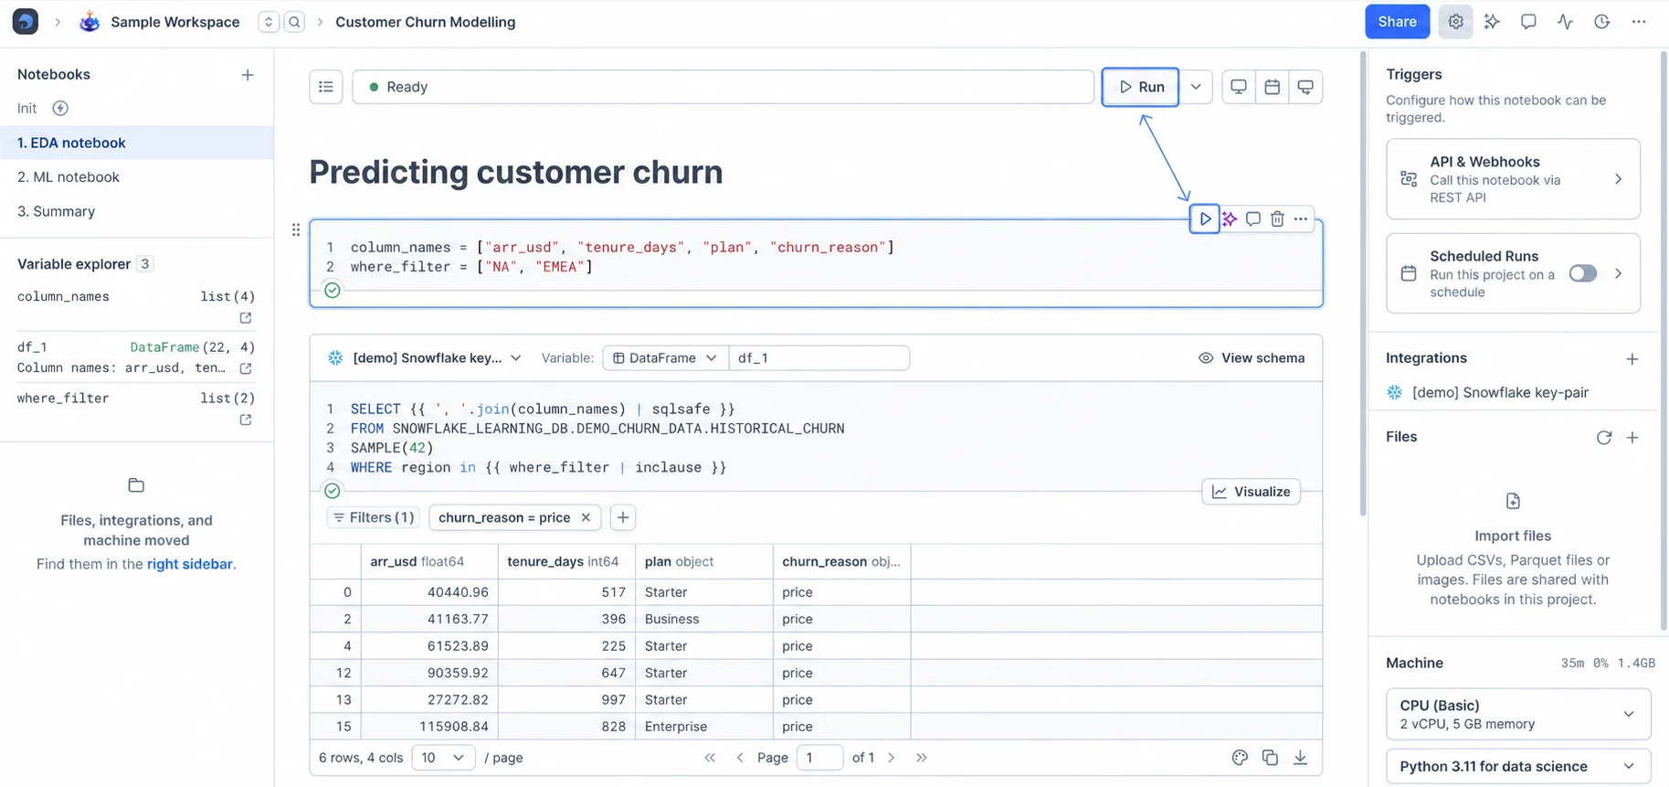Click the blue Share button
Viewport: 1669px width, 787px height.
click(x=1397, y=22)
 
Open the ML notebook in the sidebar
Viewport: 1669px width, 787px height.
click(x=69, y=177)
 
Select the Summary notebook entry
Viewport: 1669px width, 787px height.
click(x=57, y=211)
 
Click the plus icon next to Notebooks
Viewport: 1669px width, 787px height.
click(x=248, y=75)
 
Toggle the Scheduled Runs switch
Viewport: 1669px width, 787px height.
click(x=1583, y=273)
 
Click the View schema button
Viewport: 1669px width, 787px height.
click(x=1252, y=358)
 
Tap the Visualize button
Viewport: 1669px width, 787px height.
click(x=1252, y=492)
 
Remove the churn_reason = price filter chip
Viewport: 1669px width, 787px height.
click(x=586, y=517)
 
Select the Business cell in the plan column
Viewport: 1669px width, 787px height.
click(x=671, y=619)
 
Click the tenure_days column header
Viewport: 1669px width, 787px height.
click(x=563, y=561)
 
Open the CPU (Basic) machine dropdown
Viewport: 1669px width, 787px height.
click(x=1518, y=714)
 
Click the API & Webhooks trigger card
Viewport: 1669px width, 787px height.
click(x=1513, y=179)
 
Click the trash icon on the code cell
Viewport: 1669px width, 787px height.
click(x=1277, y=219)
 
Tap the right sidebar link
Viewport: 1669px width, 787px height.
click(x=189, y=564)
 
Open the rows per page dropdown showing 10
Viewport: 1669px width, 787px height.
click(x=443, y=758)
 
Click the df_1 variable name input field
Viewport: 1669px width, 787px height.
click(x=819, y=358)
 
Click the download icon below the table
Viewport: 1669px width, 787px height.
click(x=1300, y=758)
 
